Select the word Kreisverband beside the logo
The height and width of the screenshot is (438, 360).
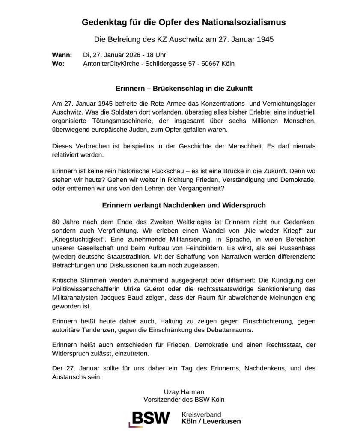[x=202, y=414]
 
